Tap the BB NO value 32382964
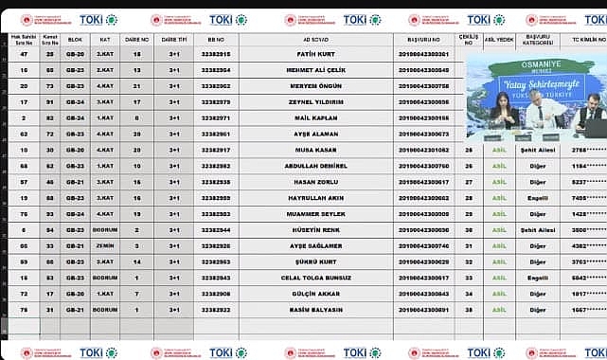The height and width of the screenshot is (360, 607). coord(216,70)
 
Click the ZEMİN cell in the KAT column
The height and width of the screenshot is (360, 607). coord(106,245)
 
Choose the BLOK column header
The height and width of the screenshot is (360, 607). coord(75,40)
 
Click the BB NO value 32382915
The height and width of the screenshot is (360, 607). coord(216,54)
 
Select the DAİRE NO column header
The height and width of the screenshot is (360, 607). coord(137,40)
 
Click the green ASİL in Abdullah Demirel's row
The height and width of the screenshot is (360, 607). coord(498,166)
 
